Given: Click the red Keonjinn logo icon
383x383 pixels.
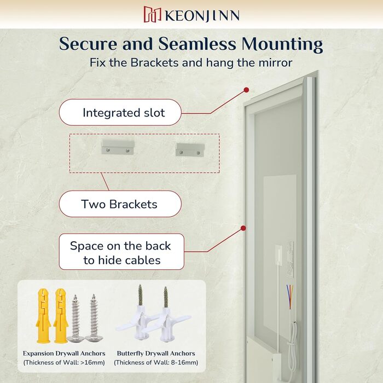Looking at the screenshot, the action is point(153,14).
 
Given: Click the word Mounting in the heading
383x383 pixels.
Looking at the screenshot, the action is point(282,45).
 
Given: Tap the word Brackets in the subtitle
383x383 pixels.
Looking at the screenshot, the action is point(154,62).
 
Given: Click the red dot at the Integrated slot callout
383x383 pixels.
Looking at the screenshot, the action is point(246,90).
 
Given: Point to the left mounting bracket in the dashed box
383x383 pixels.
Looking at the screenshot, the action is point(118,147).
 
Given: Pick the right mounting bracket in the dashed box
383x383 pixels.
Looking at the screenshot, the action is point(190,150).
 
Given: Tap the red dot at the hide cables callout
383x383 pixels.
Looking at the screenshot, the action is point(243,228).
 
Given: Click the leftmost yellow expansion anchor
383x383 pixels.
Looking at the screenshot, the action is point(43,316).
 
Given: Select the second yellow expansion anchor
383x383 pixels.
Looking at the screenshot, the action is point(60,316).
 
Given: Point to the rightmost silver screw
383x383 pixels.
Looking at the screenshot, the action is point(94,318).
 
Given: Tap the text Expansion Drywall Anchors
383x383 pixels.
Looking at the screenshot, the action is point(64,353).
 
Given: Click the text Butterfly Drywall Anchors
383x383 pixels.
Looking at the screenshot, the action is point(156,353).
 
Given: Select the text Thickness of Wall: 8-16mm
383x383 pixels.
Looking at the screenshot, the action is point(156,362).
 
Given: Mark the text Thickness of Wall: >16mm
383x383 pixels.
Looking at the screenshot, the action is point(64,362).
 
